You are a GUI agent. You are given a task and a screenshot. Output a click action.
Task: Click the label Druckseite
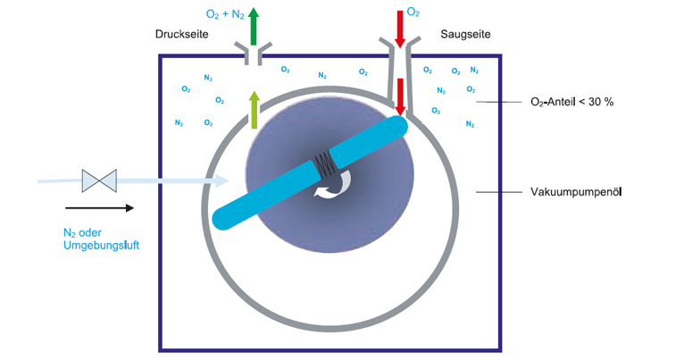(x=181, y=34)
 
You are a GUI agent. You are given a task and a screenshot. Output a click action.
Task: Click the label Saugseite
(x=465, y=34)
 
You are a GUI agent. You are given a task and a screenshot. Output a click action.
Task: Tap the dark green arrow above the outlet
(x=254, y=27)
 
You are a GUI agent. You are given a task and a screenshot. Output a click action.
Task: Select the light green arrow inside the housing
(x=254, y=110)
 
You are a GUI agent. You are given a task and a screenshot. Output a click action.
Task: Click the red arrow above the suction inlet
(x=400, y=29)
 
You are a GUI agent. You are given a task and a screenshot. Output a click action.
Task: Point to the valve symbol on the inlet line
(x=99, y=180)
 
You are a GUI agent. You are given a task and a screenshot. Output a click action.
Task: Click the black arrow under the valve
(x=99, y=208)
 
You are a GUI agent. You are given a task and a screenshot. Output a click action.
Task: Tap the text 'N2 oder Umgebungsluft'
(x=101, y=239)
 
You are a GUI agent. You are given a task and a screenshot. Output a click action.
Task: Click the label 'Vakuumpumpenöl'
(x=576, y=192)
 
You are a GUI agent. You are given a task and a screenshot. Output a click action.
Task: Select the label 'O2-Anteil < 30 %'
(x=571, y=102)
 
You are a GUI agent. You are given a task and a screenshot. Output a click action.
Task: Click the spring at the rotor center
(x=324, y=165)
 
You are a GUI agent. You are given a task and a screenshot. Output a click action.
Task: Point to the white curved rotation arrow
(x=334, y=185)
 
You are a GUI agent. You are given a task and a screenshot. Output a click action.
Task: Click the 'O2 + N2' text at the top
(x=225, y=14)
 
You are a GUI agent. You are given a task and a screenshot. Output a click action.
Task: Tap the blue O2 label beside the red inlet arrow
(x=413, y=13)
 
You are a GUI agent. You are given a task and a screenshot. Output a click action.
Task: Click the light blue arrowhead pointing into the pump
(x=221, y=180)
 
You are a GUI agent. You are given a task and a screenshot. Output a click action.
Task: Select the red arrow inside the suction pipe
(x=400, y=97)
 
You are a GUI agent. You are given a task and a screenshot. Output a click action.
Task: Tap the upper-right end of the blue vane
(x=397, y=125)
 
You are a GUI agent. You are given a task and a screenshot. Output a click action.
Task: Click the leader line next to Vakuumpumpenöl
(x=498, y=192)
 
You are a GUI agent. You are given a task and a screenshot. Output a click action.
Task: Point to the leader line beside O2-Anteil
(x=498, y=102)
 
